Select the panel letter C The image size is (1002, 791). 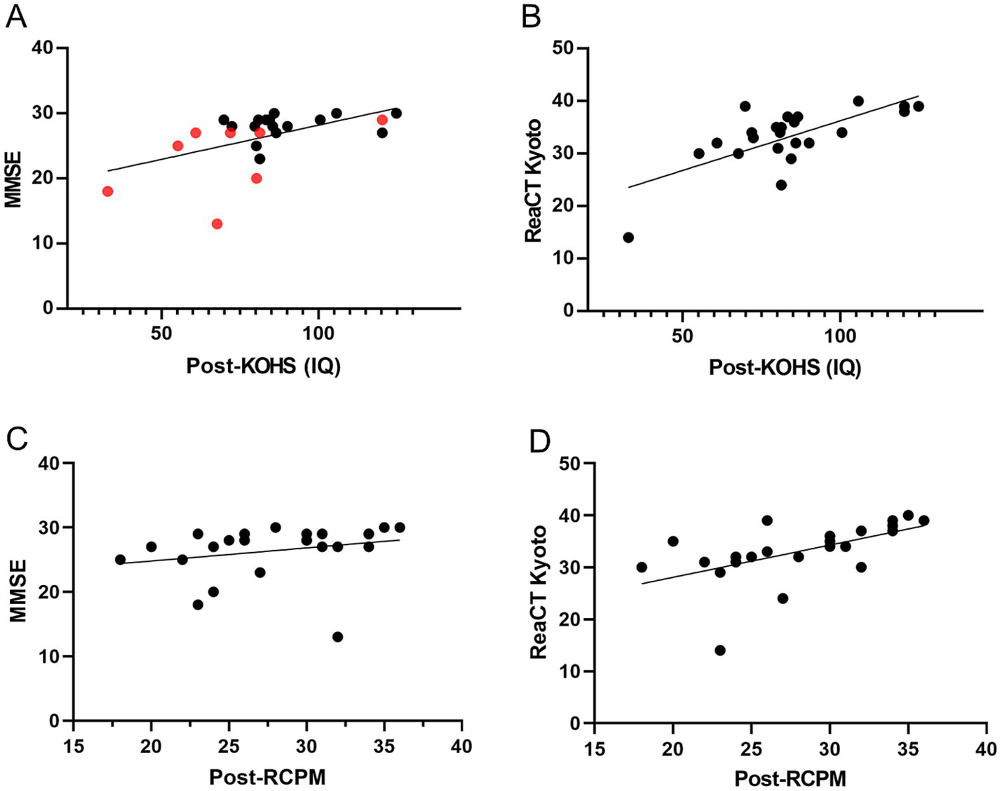pyautogui.click(x=16, y=438)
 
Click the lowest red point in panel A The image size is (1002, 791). pyautogui.click(x=217, y=224)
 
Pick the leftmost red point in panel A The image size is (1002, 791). pyautogui.click(x=107, y=191)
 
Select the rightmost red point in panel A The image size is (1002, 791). pyautogui.click(x=382, y=120)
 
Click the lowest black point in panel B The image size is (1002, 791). pyautogui.click(x=628, y=238)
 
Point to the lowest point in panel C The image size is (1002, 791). pyautogui.click(x=337, y=637)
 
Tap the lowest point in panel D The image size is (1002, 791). pyautogui.click(x=719, y=650)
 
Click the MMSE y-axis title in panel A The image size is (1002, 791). pyautogui.click(x=14, y=178)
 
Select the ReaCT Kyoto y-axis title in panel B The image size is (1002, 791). pyautogui.click(x=534, y=181)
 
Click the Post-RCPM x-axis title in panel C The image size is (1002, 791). pyautogui.click(x=267, y=776)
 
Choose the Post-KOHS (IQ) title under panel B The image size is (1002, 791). pyautogui.click(x=785, y=366)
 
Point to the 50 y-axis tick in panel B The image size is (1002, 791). pyautogui.click(x=562, y=48)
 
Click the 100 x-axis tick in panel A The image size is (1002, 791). pyautogui.click(x=318, y=333)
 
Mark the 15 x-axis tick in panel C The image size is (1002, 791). pyautogui.click(x=74, y=747)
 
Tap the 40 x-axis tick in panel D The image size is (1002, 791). pyautogui.click(x=987, y=749)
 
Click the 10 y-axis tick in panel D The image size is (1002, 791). pyautogui.click(x=571, y=671)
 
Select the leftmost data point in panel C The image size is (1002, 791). pyautogui.click(x=120, y=560)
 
